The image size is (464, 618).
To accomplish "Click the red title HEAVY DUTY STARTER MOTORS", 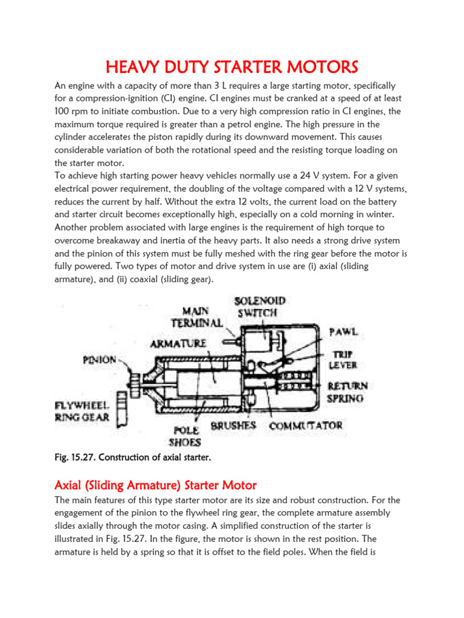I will [232, 66].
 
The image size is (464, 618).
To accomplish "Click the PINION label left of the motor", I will [100, 360].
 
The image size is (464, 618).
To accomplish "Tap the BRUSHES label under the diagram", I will [233, 425].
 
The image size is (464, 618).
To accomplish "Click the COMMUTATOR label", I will [306, 425].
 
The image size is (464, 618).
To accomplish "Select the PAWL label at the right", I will [343, 332].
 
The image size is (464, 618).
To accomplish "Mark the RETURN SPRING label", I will [347, 392].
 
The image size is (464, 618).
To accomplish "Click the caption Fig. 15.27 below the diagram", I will [133, 458].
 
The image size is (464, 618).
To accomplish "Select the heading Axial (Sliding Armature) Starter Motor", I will [156, 485].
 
